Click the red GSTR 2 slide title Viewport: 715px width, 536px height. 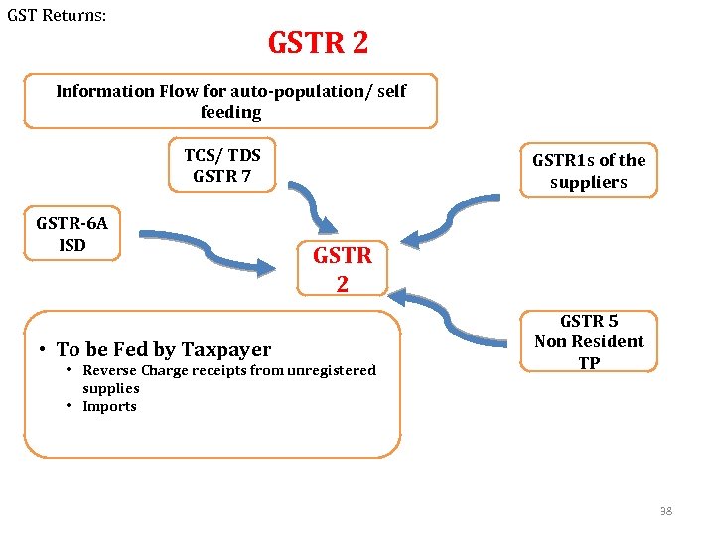(318, 43)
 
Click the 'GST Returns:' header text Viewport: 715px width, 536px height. (58, 17)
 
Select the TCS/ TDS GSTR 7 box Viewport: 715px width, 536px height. (222, 165)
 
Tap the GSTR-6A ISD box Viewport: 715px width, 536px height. (71, 234)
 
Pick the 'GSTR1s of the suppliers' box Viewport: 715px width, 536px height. (589, 171)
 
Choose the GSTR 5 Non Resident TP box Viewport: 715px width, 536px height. (589, 341)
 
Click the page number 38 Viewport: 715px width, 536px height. (665, 511)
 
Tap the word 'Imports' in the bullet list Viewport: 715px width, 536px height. (109, 406)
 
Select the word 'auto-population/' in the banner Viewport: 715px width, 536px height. (276, 91)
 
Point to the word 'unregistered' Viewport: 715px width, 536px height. (331, 370)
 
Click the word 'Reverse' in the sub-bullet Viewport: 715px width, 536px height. (110, 370)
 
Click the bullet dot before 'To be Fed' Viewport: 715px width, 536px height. (46, 350)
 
